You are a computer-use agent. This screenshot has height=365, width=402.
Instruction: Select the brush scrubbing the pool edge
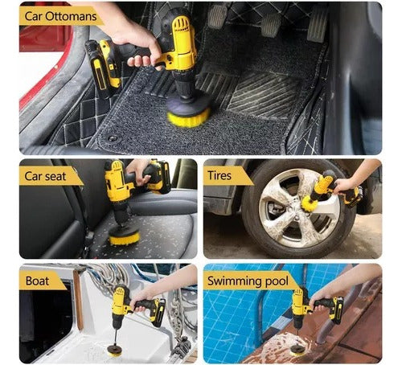point(298,347)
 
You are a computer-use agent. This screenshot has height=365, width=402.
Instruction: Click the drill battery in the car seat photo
point(158,178)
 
